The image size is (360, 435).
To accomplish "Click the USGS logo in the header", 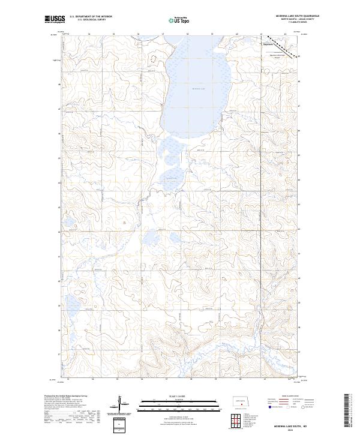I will [x=54, y=19].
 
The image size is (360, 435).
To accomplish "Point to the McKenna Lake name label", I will [x=198, y=89].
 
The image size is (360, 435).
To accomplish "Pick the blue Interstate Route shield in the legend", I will [x=271, y=406].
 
